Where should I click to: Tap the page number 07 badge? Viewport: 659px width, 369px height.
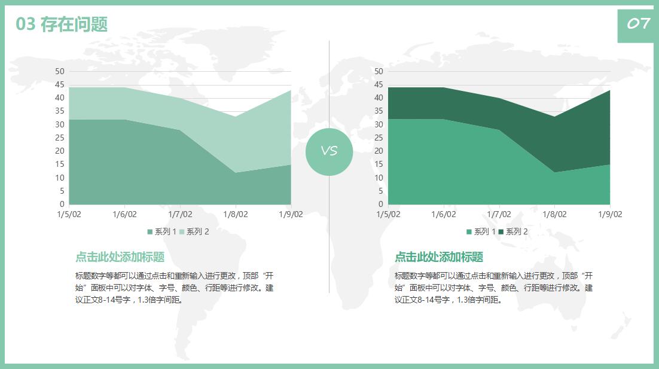pyautogui.click(x=637, y=24)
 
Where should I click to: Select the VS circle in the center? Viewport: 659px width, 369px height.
pyautogui.click(x=329, y=152)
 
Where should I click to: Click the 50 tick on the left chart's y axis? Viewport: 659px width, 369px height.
pyautogui.click(x=60, y=71)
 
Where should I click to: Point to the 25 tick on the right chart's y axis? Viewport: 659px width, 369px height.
pyautogui.click(x=379, y=138)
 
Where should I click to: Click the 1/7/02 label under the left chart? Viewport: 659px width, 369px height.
pyautogui.click(x=180, y=214)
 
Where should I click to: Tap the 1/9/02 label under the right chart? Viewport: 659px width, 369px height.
pyautogui.click(x=609, y=214)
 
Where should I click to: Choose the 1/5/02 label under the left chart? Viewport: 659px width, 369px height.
pyautogui.click(x=69, y=214)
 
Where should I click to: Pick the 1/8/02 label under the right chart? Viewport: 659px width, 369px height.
pyautogui.click(x=554, y=214)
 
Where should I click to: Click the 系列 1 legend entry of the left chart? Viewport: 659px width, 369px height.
pyautogui.click(x=162, y=231)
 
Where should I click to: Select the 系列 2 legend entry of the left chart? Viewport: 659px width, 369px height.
pyautogui.click(x=194, y=231)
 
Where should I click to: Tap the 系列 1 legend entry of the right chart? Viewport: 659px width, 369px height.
pyautogui.click(x=481, y=231)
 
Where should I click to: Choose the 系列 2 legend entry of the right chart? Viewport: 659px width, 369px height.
pyautogui.click(x=514, y=231)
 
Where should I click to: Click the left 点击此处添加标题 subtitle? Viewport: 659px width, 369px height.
pyautogui.click(x=120, y=257)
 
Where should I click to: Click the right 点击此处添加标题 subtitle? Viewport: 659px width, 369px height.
pyautogui.click(x=439, y=257)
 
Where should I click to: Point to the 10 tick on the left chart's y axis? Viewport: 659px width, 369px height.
pyautogui.click(x=60, y=178)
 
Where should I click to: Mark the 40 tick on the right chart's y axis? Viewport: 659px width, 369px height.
pyautogui.click(x=379, y=98)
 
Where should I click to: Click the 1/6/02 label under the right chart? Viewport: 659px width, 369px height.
pyautogui.click(x=443, y=214)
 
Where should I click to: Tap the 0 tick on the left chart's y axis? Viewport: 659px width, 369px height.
pyautogui.click(x=62, y=204)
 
